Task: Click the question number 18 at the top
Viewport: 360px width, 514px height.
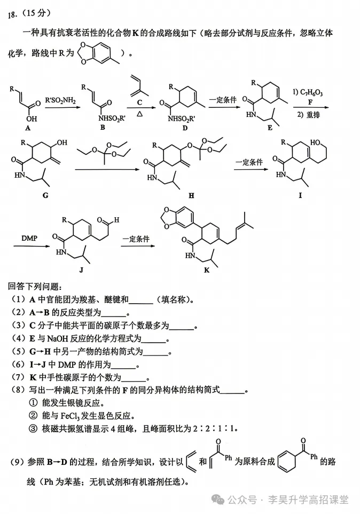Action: [x=12, y=15]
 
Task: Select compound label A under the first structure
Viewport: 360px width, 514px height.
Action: [x=28, y=128]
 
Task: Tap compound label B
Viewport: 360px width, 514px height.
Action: [x=103, y=127]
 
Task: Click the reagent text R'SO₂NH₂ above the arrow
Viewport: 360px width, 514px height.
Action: [x=60, y=100]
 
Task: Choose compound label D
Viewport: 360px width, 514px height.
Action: [x=185, y=128]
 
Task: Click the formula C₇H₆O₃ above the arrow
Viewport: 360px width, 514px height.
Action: [x=308, y=92]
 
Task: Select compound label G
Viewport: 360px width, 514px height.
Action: [x=45, y=195]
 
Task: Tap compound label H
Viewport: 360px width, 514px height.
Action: [x=191, y=196]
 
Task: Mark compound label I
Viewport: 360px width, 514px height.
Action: [x=300, y=195]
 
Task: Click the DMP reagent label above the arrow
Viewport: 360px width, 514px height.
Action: [x=29, y=238]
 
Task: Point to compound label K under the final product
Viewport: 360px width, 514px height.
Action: [x=206, y=270]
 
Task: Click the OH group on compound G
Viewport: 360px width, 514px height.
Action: [x=62, y=143]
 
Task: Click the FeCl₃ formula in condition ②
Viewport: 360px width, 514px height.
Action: [x=70, y=416]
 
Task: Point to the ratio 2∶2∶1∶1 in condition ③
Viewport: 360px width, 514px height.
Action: [x=214, y=428]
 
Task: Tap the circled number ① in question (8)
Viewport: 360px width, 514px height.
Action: [x=34, y=402]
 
